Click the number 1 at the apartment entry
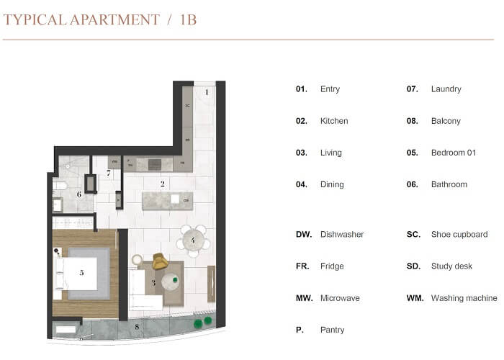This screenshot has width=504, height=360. coord(206,91)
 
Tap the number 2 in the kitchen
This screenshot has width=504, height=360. coord(163,184)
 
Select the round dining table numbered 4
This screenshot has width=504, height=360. coord(193,241)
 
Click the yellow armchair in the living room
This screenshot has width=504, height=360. coord(159,261)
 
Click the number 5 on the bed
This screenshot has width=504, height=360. coord(82,272)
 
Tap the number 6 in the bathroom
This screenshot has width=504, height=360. coord(79,194)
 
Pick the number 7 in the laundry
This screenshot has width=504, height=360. coord(109,174)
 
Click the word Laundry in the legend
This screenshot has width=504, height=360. coord(446,89)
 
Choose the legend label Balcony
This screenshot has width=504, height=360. coord(446,121)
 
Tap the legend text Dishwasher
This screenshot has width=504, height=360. coord(342,235)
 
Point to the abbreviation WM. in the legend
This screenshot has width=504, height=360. coord(415,298)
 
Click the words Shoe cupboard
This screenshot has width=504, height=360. coord(459,235)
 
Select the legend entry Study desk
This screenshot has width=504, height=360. coord(451,266)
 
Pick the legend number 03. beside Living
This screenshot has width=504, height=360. coord(302,153)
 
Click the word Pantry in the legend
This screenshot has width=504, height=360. coord(333,330)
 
